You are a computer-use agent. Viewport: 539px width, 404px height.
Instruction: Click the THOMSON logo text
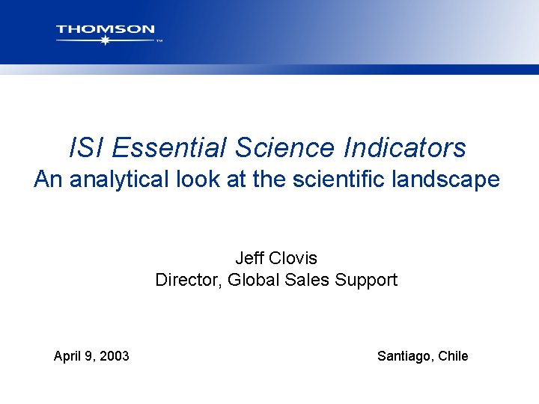coord(106,30)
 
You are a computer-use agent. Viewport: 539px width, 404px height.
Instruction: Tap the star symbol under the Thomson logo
coord(105,40)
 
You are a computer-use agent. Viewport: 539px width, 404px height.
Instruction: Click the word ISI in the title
coord(83,147)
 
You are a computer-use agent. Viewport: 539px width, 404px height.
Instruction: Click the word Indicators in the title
coord(405,147)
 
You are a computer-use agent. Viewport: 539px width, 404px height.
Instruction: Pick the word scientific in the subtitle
coord(338,180)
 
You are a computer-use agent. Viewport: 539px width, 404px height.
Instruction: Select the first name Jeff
coord(249,258)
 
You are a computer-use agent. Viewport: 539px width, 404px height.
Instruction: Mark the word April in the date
coord(68,356)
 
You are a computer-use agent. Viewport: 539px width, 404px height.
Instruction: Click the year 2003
coord(113,356)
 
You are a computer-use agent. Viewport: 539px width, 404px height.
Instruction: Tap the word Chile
coord(453,356)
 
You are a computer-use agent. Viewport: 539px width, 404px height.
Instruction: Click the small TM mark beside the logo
coord(159,42)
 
